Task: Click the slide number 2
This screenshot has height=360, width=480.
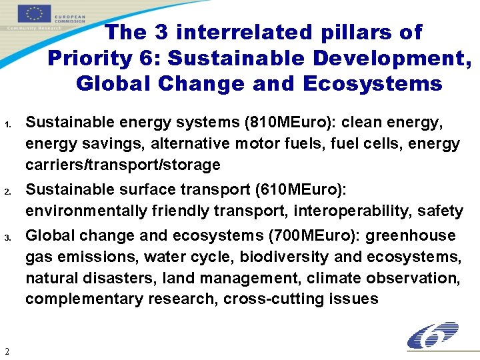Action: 6,351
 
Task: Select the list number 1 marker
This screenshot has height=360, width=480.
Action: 7,125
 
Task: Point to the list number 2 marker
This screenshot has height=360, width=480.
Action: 7,193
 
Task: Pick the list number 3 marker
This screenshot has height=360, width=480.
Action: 7,238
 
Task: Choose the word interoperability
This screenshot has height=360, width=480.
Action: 352,211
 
